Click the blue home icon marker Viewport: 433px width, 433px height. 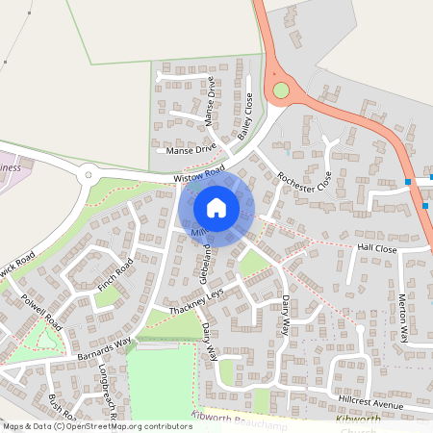(216, 208)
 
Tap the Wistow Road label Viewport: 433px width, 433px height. (199, 175)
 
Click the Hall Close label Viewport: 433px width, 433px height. (376, 248)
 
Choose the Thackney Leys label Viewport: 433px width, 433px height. (196, 300)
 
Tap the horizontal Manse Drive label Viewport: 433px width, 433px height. (191, 149)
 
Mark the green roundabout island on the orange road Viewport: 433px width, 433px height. (281, 90)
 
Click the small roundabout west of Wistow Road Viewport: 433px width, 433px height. (89, 175)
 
